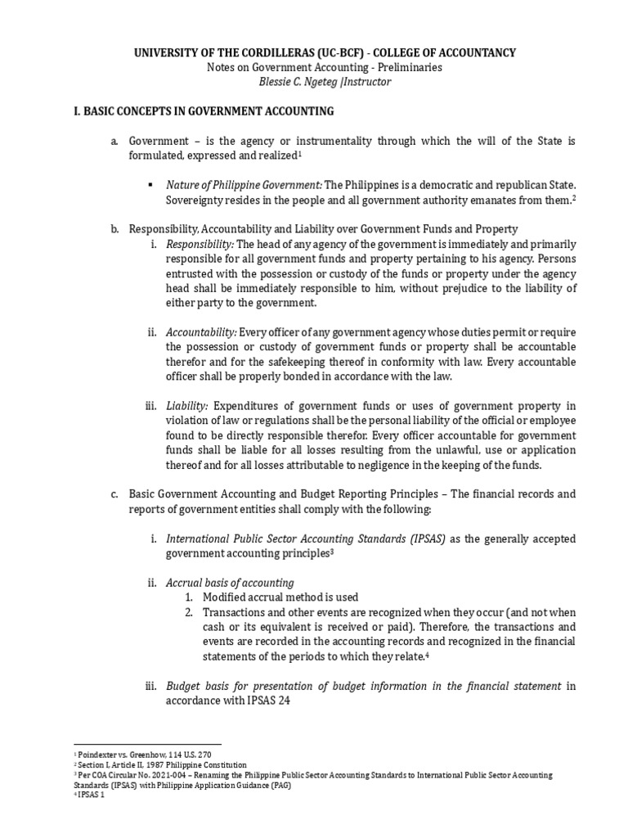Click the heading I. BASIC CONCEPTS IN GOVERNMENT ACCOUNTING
pos(204,111)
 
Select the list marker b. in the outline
pos(115,229)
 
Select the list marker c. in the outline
pos(115,494)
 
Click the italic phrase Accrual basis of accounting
pos(230,583)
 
